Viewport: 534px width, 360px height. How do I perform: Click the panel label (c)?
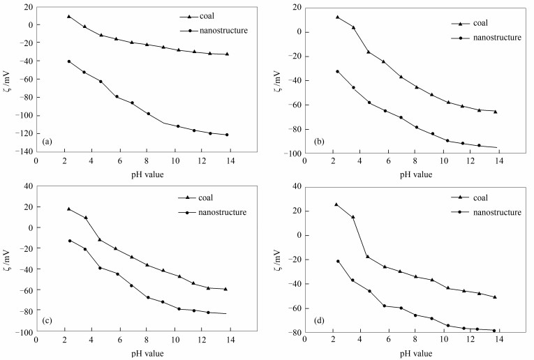[x=46, y=322]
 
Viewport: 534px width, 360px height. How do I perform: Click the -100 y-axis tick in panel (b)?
[x=291, y=153]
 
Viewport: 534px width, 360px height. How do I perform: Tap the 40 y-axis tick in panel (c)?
[x=27, y=186]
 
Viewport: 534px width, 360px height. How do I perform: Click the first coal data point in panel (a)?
[x=68, y=16]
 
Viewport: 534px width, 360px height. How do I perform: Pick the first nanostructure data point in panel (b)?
[x=337, y=71]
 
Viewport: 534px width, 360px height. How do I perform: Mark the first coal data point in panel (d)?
[x=336, y=204]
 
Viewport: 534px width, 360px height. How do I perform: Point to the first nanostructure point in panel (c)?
[x=69, y=241]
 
